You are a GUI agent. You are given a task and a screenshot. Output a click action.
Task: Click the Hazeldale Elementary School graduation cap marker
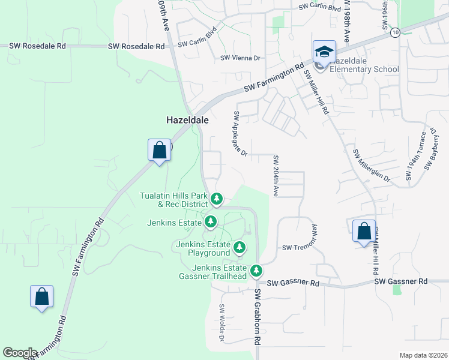click(x=324, y=52)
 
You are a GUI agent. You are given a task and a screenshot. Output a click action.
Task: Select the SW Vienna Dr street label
click(x=240, y=58)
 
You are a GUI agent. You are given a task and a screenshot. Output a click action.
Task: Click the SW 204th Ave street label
click(x=276, y=176)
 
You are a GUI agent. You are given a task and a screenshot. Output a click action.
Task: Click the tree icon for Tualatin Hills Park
click(x=217, y=199)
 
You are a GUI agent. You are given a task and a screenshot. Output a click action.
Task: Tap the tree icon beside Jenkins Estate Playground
click(x=240, y=247)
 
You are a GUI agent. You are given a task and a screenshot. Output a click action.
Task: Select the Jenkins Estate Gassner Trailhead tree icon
click(x=256, y=271)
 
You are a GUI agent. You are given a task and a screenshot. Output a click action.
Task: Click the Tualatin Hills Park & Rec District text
click(x=173, y=200)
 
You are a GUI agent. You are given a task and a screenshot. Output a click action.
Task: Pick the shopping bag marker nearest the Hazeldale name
click(x=159, y=150)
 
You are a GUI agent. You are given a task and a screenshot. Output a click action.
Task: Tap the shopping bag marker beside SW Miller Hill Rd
click(x=364, y=232)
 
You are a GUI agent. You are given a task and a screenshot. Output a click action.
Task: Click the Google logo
click(x=20, y=353)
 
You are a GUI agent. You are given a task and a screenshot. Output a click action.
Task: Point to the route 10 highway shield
click(x=394, y=32)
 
